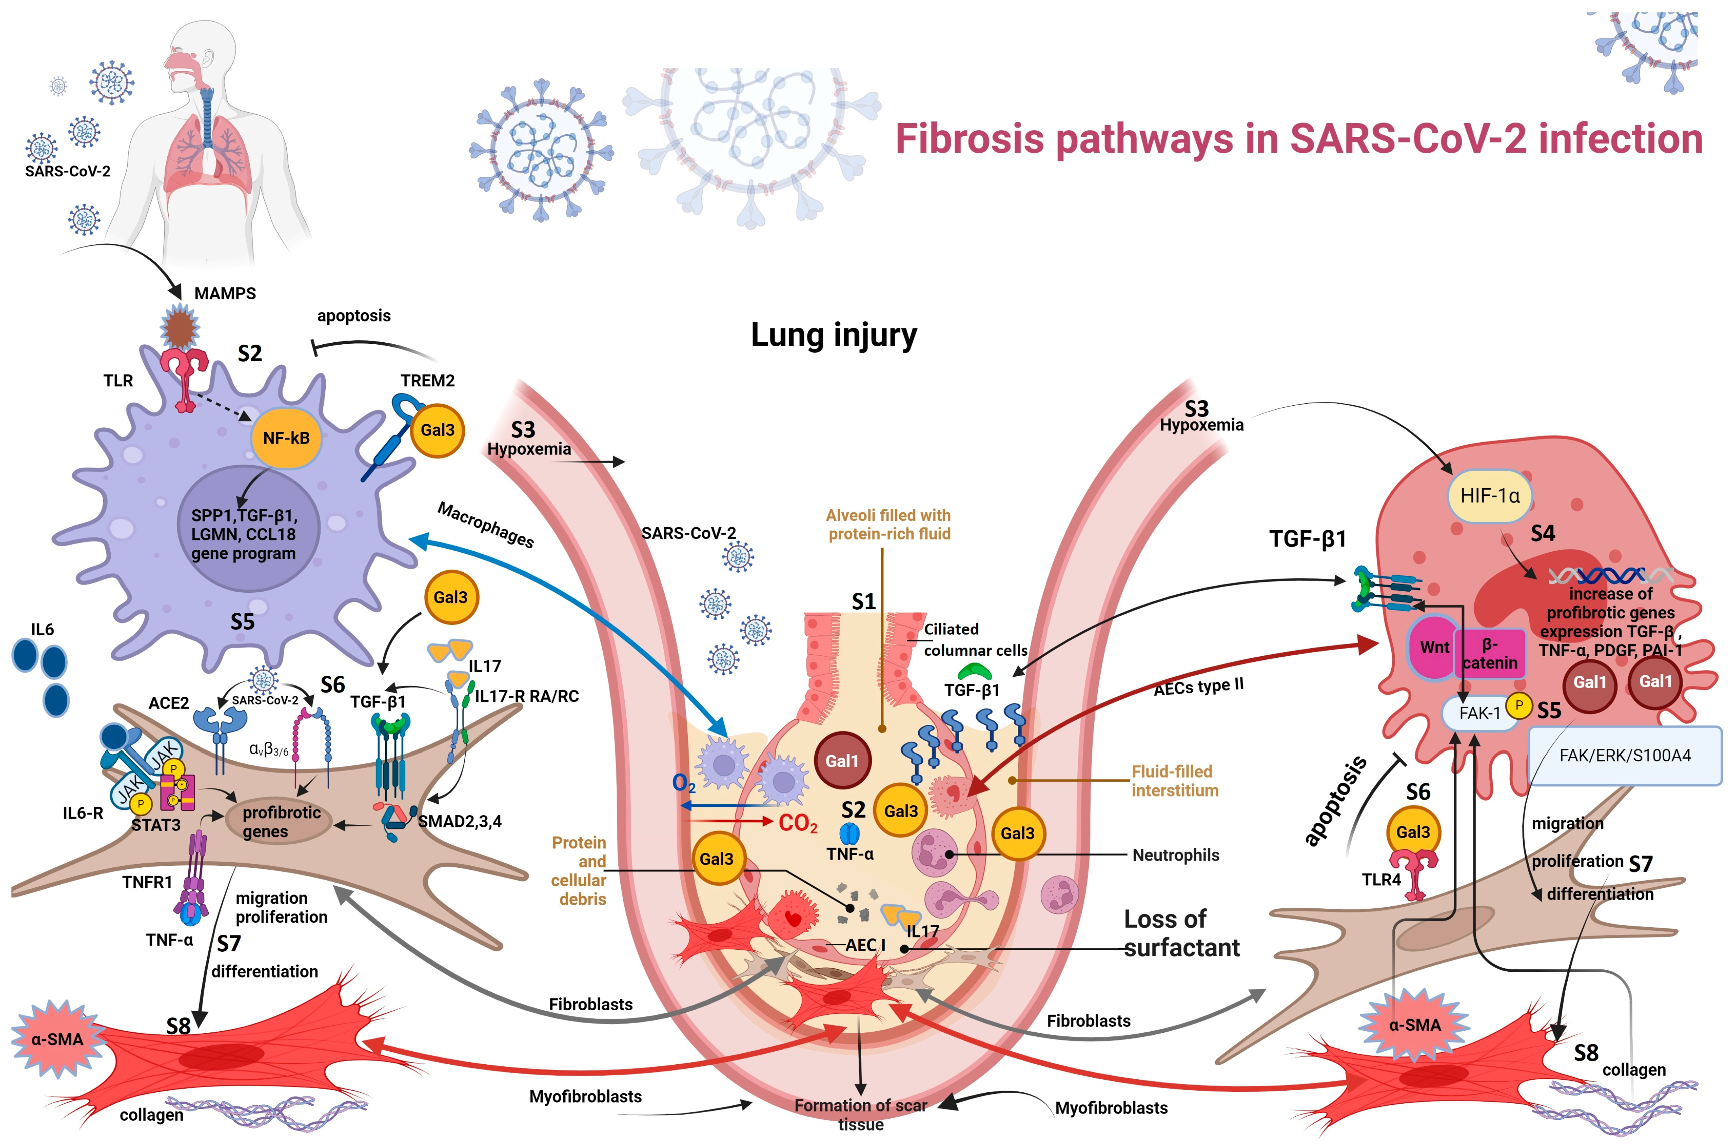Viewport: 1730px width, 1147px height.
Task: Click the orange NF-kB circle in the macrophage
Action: pos(286,438)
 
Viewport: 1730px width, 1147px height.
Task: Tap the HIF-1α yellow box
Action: pos(1489,496)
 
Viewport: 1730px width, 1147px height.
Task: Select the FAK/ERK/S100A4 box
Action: pos(1625,755)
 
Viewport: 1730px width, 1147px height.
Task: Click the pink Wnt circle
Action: pos(1434,648)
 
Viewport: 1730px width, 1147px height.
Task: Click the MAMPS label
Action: pos(225,293)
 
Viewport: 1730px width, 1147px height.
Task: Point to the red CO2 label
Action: pos(797,824)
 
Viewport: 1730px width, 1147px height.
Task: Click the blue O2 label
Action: pos(683,784)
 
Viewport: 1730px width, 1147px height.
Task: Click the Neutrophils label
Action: pos(1175,855)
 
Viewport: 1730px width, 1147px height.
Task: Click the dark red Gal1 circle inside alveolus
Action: pos(841,761)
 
